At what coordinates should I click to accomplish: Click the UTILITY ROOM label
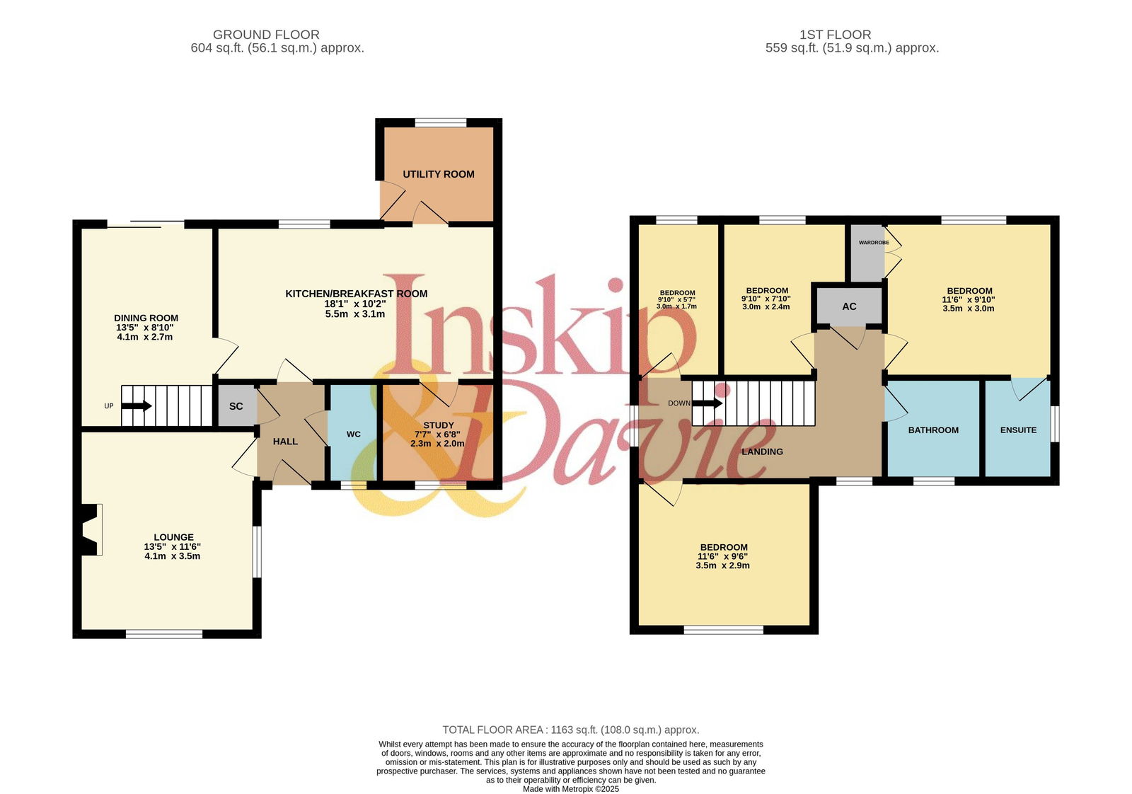coord(438,174)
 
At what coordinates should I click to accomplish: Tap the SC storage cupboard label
coord(236,406)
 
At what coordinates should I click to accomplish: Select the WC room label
coord(353,434)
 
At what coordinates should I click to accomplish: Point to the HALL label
coord(285,442)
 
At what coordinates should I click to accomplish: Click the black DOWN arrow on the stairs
coord(707,403)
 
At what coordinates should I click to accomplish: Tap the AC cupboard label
coord(849,306)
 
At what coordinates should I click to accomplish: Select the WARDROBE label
coord(874,243)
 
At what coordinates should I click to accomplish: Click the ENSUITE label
coord(1018,430)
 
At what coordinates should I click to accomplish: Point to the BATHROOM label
coord(933,430)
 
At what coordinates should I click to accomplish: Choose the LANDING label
coord(762,451)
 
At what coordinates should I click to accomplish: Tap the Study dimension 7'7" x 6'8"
coord(438,435)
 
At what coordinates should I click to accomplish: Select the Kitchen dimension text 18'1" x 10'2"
coord(354,304)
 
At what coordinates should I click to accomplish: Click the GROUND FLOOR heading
coord(266,35)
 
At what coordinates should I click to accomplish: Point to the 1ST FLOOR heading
coord(835,35)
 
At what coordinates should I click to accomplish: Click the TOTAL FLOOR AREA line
coord(570,730)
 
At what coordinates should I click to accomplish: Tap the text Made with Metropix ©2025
coord(570,789)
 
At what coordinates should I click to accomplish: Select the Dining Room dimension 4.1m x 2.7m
coord(144,337)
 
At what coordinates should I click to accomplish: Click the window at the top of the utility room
coord(441,122)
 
